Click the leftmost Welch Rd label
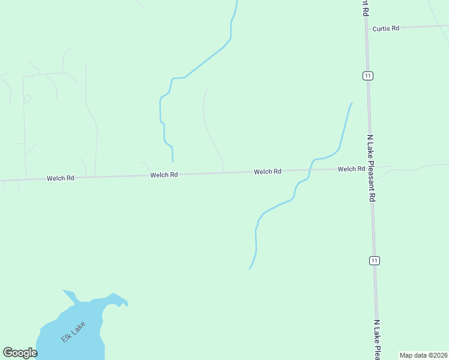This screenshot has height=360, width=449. coord(61,178)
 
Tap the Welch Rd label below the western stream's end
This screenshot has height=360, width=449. coord(164,175)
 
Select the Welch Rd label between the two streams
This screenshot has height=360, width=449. coord(268,172)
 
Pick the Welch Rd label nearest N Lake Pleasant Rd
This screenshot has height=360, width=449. coord(351,169)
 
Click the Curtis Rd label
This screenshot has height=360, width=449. coord(385,28)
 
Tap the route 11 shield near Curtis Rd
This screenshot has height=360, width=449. coord(367,76)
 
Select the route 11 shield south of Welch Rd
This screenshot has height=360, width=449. coord(375,260)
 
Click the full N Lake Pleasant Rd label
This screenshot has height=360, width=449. coord(372,167)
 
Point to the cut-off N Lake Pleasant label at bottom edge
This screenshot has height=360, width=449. coord(377,340)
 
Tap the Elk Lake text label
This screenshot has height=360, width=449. coord(73,332)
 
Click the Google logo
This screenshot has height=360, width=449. coord(20,353)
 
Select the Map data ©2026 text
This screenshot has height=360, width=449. coord(423,355)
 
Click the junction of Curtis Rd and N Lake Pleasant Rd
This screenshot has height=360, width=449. coord(366,28)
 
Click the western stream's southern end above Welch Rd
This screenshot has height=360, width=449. coord(173,161)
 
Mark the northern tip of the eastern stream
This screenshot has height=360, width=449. coord(351,103)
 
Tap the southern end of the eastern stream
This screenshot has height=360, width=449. coord(250,268)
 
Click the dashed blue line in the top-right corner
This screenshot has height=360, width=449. coord(439,21)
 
